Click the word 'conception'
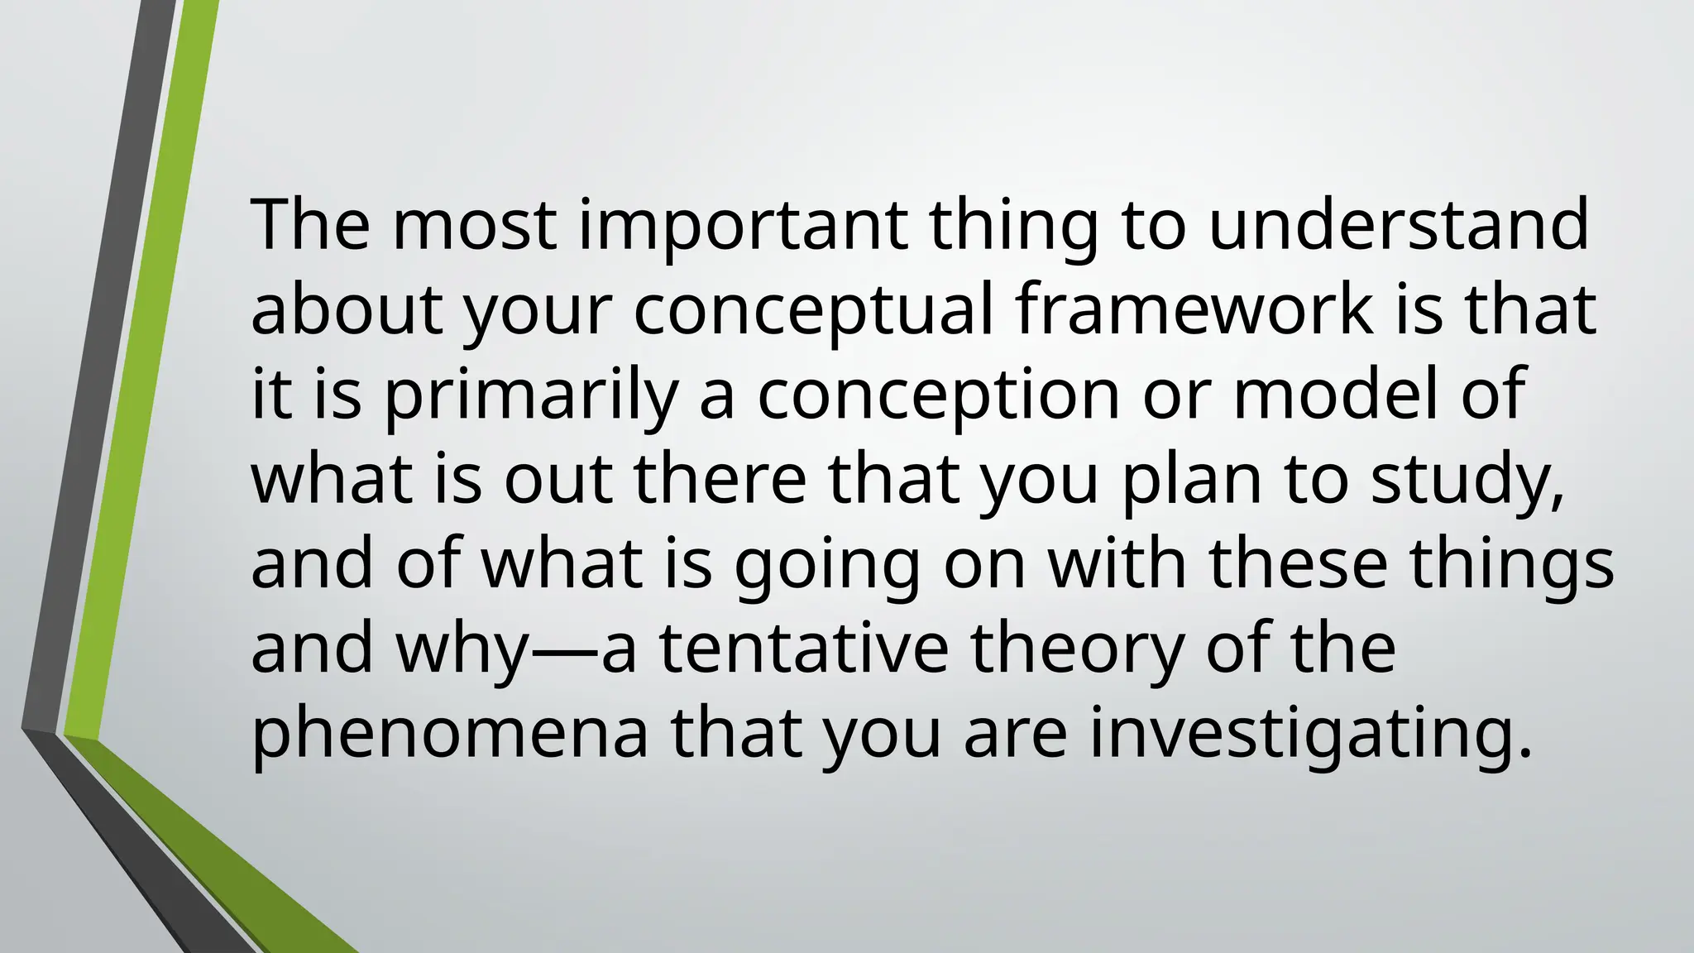pyautogui.click(x=939, y=397)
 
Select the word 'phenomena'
pyautogui.click(x=450, y=736)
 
